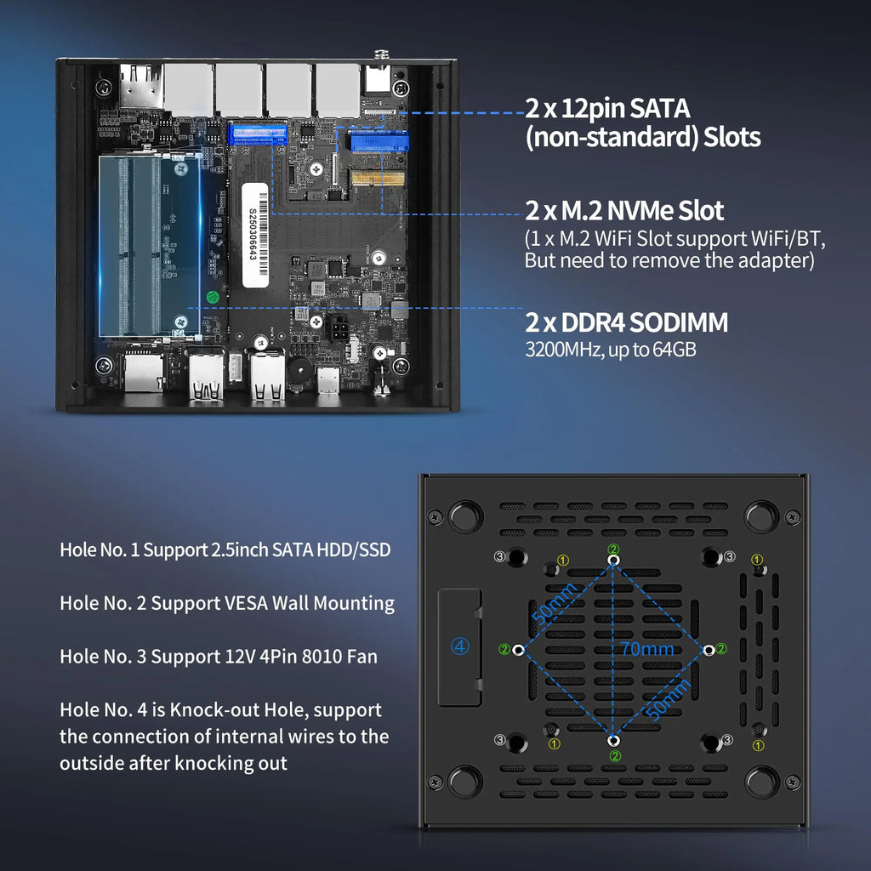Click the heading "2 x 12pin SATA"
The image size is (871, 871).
[607, 109]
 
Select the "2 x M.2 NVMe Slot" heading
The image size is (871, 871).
[624, 210]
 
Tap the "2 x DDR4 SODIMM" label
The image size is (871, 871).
[626, 322]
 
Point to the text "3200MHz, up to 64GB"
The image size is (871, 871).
[611, 348]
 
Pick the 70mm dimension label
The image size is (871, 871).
[646, 649]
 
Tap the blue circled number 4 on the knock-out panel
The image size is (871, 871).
[459, 646]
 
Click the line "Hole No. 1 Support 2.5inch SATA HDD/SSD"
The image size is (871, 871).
[225, 549]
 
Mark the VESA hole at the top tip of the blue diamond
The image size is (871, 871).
[614, 561]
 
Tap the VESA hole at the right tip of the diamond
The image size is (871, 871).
[708, 649]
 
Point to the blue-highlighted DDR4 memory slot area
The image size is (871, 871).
[150, 245]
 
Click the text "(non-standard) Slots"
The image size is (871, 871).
[642, 138]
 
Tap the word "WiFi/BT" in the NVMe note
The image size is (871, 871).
[791, 238]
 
